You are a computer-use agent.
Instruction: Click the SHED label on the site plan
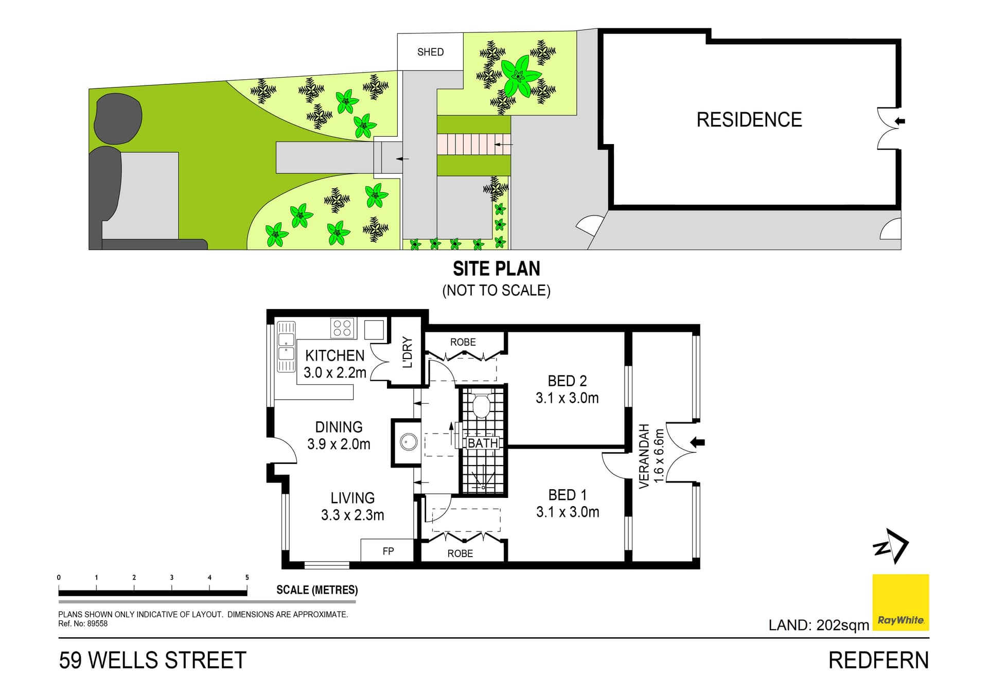(430, 52)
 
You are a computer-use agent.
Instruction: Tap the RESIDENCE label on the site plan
(749, 120)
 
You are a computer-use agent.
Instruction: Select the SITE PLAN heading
(497, 269)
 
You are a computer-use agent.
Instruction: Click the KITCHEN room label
(334, 355)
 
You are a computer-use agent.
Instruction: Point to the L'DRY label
(408, 352)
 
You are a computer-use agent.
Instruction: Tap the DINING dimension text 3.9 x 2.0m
(339, 444)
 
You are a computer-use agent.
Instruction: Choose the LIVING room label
(352, 498)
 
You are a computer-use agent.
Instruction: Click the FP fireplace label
(388, 551)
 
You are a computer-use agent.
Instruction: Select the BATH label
(483, 443)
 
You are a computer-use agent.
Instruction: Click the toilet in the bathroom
(481, 405)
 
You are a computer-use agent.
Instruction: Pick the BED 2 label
(567, 381)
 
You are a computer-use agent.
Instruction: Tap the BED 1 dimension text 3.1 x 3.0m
(568, 512)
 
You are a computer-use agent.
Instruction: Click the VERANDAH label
(644, 456)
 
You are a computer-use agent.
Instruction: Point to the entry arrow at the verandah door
(697, 442)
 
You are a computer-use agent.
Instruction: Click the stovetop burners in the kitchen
(342, 328)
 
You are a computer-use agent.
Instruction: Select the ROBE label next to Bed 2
(463, 342)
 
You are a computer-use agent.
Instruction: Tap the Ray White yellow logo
(901, 602)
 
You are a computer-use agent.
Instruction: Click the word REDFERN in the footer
(878, 660)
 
